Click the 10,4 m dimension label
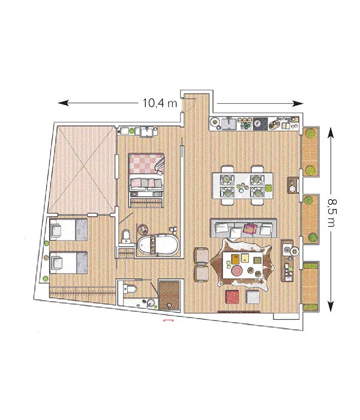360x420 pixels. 160,103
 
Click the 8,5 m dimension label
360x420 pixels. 331,212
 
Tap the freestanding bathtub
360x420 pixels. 158,245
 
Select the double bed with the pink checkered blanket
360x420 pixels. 146,180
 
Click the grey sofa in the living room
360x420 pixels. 243,228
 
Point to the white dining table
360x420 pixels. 242,185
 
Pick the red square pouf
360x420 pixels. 232,297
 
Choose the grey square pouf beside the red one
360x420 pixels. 253,297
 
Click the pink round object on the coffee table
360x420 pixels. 237,270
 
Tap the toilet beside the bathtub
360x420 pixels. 126,236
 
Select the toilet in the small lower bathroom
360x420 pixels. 131,289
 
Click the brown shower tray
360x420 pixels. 169,295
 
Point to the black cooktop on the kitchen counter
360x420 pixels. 260,124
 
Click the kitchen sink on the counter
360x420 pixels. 229,124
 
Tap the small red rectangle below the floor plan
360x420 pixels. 169,320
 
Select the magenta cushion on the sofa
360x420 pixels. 250,229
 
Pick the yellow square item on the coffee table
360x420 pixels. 245,258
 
